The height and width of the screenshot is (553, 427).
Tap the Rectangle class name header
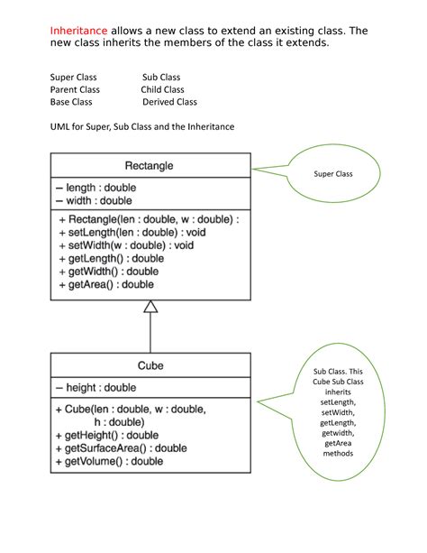coord(150,165)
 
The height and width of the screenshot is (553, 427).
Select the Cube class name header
coord(150,365)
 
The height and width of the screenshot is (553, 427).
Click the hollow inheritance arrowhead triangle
coord(150,307)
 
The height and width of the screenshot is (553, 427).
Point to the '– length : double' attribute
coord(94,187)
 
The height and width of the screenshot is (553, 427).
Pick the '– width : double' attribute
coord(92,200)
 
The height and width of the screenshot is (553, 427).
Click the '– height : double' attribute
coord(95,388)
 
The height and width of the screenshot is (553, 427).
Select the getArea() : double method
coord(106,284)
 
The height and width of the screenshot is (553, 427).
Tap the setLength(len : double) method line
coord(132,232)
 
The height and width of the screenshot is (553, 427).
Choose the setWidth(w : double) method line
coord(131,244)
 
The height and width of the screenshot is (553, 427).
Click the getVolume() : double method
coord(110,461)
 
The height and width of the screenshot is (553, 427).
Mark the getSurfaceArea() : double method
coord(122,447)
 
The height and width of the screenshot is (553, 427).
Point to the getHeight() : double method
coord(107,435)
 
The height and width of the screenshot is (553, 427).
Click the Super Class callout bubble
coord(333,174)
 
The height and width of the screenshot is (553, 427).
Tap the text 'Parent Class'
coord(75,90)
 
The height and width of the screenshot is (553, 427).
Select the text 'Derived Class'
coord(170,102)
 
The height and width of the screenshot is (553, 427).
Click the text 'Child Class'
coord(162,90)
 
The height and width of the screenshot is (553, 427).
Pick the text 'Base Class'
coord(71,102)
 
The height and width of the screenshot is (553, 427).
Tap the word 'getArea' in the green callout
coord(339,444)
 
